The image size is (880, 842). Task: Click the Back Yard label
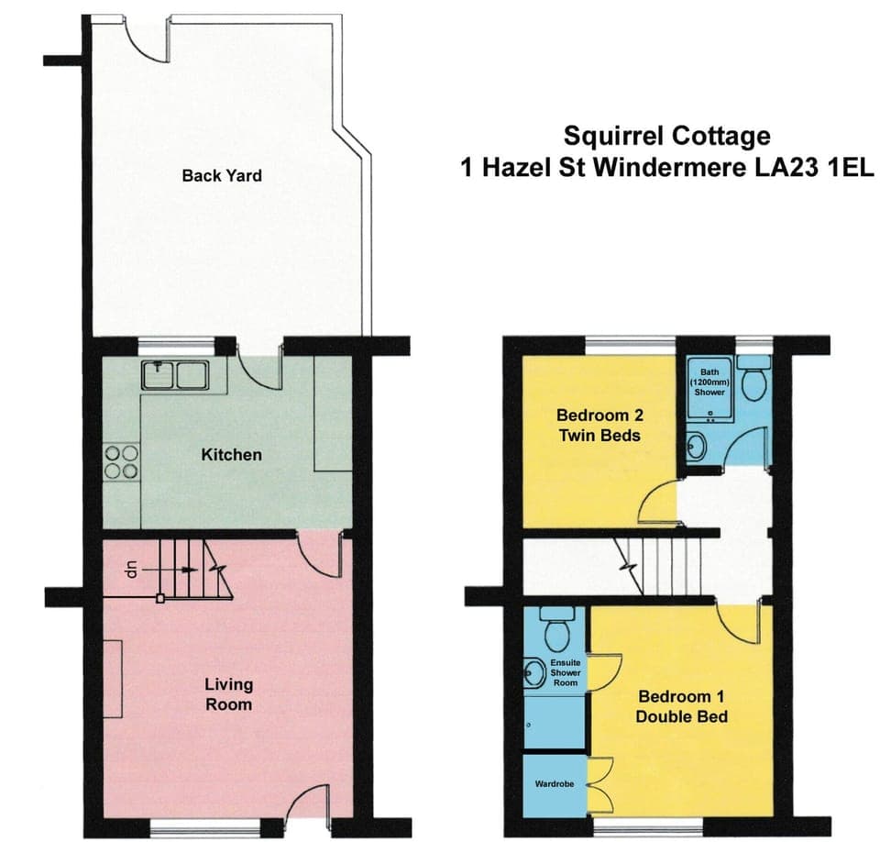(221, 175)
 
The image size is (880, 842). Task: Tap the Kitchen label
(231, 455)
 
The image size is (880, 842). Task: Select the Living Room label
(228, 694)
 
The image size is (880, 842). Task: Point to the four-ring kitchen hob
(122, 461)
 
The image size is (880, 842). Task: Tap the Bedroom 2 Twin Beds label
(598, 426)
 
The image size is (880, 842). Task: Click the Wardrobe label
(554, 784)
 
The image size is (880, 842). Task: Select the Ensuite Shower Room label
(566, 672)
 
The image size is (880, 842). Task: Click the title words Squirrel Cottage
(666, 137)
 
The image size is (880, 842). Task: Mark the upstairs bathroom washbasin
(697, 448)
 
